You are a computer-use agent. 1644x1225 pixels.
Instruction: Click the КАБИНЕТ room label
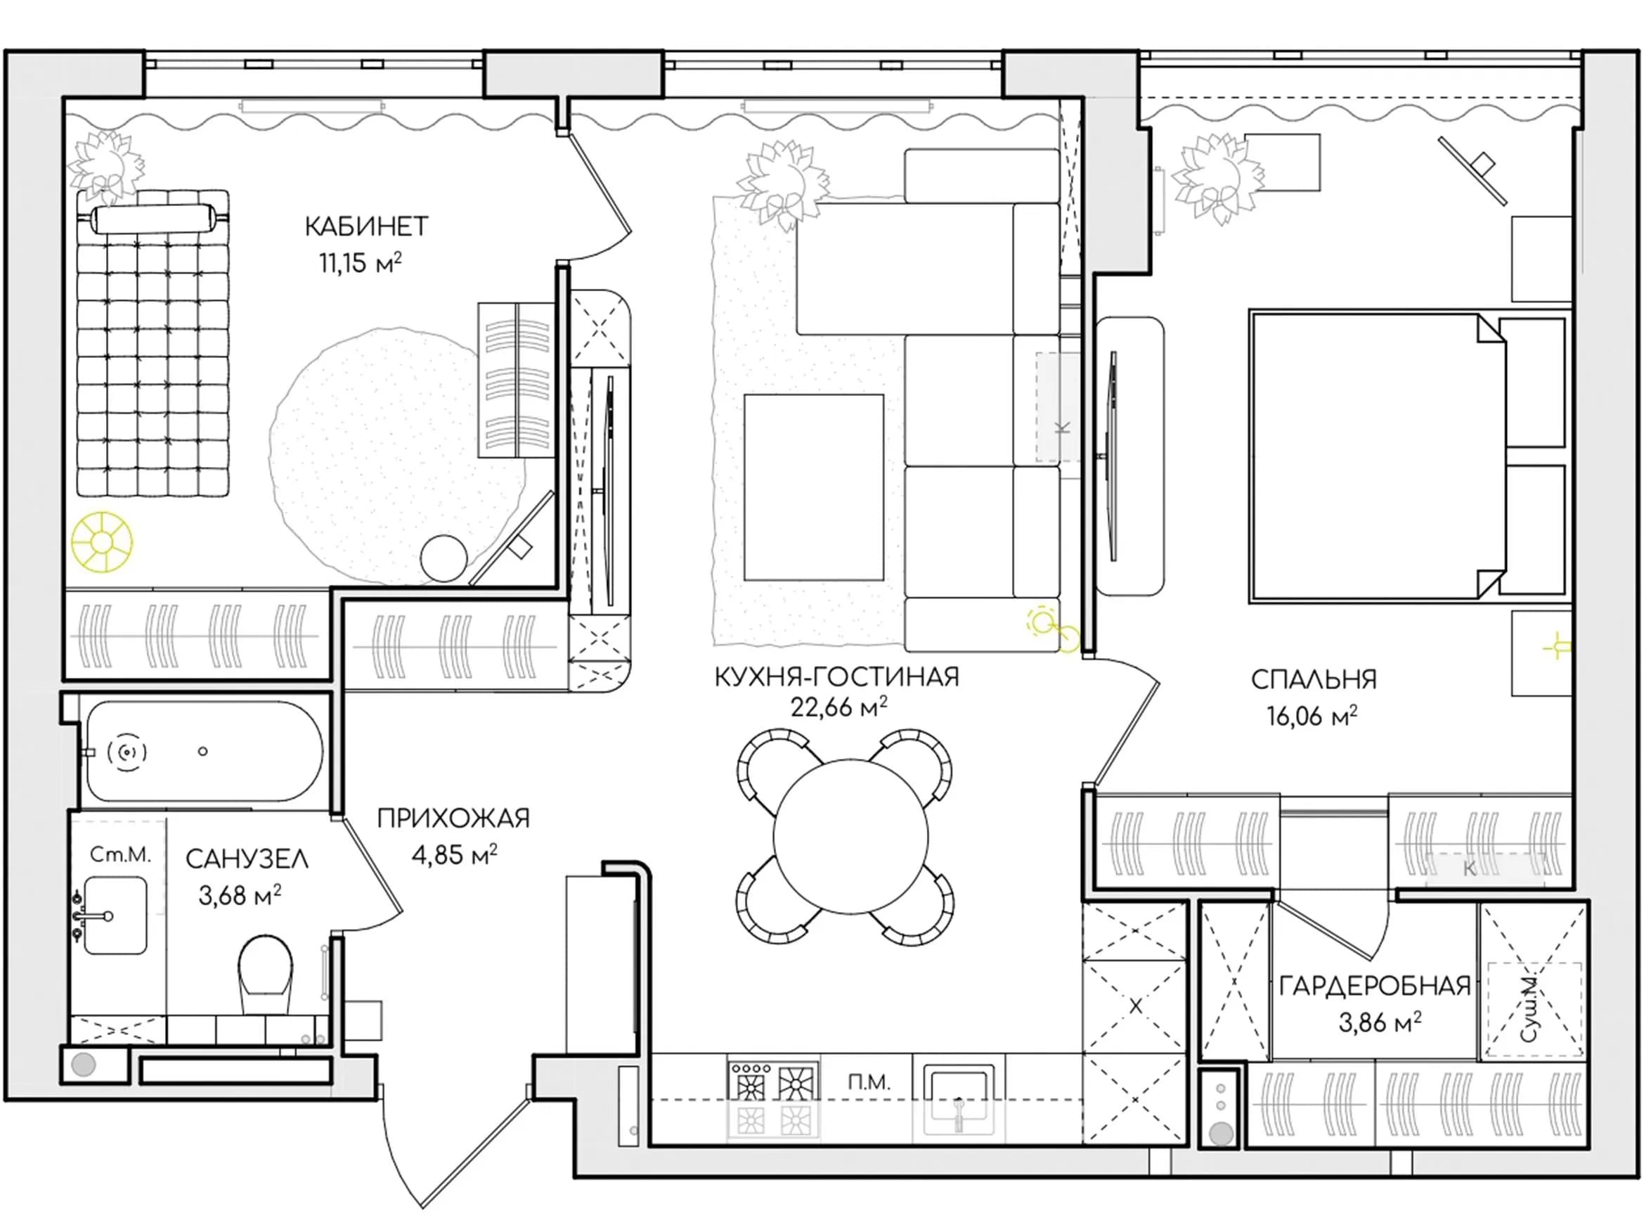tap(366, 226)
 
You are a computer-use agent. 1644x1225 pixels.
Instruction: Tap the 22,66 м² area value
tap(839, 707)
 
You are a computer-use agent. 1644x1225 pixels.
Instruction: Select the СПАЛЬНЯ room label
tap(1314, 679)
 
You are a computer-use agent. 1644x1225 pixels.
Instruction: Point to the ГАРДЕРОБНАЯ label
tap(1375, 985)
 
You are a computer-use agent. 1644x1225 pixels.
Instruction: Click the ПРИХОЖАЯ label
tap(453, 818)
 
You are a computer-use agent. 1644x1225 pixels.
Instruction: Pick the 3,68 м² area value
tap(240, 895)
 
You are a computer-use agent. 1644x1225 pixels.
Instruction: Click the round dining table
tap(850, 835)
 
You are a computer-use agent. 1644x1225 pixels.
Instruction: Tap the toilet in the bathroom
tap(266, 975)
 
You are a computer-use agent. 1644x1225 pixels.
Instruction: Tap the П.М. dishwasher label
tap(869, 1084)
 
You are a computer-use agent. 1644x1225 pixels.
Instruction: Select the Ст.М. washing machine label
tap(120, 855)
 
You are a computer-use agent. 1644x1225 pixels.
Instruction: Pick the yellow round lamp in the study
tap(101, 541)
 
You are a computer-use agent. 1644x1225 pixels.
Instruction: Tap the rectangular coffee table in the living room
tap(813, 487)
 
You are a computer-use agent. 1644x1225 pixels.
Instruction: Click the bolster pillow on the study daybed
tap(153, 219)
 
